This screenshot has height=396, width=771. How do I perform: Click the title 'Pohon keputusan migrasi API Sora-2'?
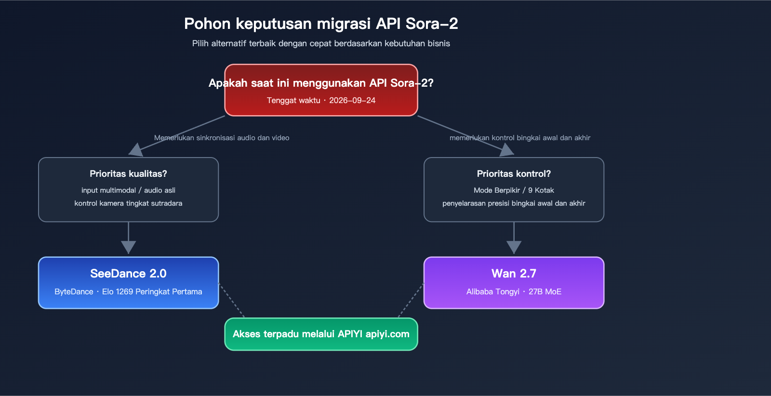click(x=321, y=24)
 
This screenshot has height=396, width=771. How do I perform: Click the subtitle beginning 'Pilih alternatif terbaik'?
click(x=321, y=43)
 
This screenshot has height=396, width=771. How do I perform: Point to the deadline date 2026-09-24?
click(x=352, y=100)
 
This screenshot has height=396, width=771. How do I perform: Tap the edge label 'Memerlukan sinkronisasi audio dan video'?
click(x=222, y=138)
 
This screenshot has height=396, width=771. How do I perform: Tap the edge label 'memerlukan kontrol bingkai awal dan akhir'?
click(x=519, y=138)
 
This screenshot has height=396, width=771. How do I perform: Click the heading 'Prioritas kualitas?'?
click(x=128, y=173)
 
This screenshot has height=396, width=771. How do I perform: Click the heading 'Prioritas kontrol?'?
click(x=514, y=173)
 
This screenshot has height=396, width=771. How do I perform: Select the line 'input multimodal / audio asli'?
click(x=128, y=190)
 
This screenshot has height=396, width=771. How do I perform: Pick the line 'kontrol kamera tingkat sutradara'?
click(x=128, y=203)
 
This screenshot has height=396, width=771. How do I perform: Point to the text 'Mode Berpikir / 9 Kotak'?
click(x=514, y=190)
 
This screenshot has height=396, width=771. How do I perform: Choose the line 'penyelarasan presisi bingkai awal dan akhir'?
click(x=514, y=203)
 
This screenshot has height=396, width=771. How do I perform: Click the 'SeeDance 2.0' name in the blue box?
click(x=128, y=274)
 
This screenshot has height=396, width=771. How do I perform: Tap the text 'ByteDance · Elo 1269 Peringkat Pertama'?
click(x=128, y=291)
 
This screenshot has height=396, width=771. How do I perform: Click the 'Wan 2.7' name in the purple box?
click(x=514, y=274)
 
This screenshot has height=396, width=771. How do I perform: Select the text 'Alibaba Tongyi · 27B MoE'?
click(x=514, y=291)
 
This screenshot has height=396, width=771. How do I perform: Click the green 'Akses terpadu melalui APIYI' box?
click(x=321, y=334)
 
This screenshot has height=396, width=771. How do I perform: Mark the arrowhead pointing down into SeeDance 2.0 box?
click(x=128, y=247)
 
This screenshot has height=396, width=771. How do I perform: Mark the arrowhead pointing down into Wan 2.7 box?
click(x=514, y=247)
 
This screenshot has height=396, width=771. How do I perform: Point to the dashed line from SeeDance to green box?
click(x=232, y=301)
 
